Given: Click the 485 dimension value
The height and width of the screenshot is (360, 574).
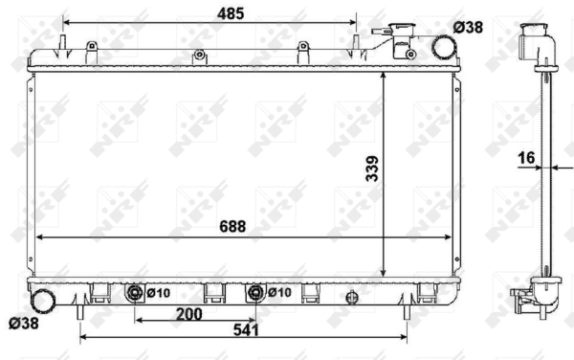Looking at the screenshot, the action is [231, 14].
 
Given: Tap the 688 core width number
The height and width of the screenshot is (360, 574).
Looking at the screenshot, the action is [232, 227].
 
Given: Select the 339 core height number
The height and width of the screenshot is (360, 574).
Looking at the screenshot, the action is [372, 169].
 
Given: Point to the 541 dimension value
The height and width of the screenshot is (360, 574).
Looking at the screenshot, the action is [246, 330].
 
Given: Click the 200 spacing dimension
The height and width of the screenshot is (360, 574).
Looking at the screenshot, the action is [188, 314].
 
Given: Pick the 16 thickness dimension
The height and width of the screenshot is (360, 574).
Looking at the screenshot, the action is [526, 158].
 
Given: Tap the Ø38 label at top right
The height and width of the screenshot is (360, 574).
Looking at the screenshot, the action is [468, 27].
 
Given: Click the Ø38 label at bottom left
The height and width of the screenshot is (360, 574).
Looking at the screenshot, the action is [23, 323].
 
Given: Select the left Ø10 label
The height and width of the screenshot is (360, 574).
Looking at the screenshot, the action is [159, 293].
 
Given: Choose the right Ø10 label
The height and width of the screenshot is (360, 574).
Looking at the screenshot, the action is [279, 292].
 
